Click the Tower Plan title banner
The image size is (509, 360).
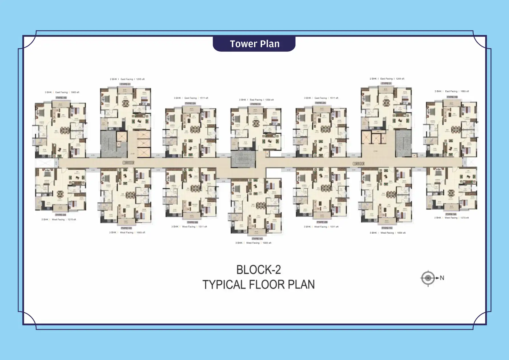pos(254,44)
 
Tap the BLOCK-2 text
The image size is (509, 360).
pos(258,270)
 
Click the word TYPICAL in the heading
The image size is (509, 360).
pos(223,285)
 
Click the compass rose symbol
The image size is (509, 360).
pos(428,278)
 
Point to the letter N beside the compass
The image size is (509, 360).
pos(442,278)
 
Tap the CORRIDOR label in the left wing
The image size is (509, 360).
pos(128,163)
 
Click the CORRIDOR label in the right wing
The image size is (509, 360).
pos(358,164)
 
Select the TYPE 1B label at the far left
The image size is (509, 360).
pos(61,98)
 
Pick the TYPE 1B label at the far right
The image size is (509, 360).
pos(452,97)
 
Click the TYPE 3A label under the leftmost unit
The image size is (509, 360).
pos(60,215)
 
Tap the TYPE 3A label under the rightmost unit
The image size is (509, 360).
pos(451,214)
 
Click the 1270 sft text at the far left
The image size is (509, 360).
pos(72,220)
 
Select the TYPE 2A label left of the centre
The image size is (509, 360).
pos(190,103)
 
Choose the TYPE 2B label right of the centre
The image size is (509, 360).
pos(322,222)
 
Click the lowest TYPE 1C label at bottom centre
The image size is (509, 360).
pos(257,238)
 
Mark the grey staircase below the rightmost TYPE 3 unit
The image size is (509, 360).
pos(403,144)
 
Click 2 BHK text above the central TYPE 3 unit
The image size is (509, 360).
pos(242,100)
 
